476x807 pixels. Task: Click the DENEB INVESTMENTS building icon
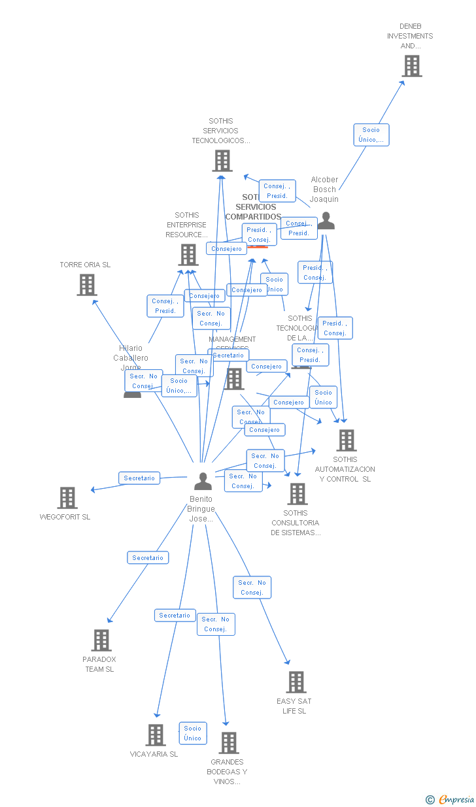click(x=412, y=66)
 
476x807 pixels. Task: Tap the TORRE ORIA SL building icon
click(x=87, y=285)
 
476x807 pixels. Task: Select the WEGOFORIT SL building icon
click(x=67, y=498)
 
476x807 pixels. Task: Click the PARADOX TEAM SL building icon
click(x=101, y=640)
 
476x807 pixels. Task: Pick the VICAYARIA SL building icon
click(x=156, y=735)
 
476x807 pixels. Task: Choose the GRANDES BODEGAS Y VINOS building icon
click(x=229, y=743)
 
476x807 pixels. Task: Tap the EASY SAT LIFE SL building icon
click(x=296, y=682)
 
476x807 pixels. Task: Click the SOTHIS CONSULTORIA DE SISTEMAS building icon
click(x=297, y=494)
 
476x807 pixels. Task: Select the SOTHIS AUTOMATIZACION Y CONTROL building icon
click(x=347, y=440)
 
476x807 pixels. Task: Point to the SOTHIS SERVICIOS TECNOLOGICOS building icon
click(x=222, y=161)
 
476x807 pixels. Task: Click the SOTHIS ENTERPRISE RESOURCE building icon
click(x=188, y=255)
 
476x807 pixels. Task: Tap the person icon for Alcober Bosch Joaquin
click(x=326, y=222)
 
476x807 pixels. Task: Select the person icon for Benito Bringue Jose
click(x=203, y=482)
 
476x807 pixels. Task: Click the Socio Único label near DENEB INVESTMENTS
click(x=371, y=135)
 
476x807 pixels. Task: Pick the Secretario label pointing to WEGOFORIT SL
click(x=139, y=478)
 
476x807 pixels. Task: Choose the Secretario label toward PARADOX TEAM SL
click(x=148, y=557)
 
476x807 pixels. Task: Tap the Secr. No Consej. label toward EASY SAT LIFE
click(x=252, y=587)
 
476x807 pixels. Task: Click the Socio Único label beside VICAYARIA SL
click(x=193, y=733)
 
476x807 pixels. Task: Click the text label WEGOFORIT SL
click(x=65, y=517)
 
